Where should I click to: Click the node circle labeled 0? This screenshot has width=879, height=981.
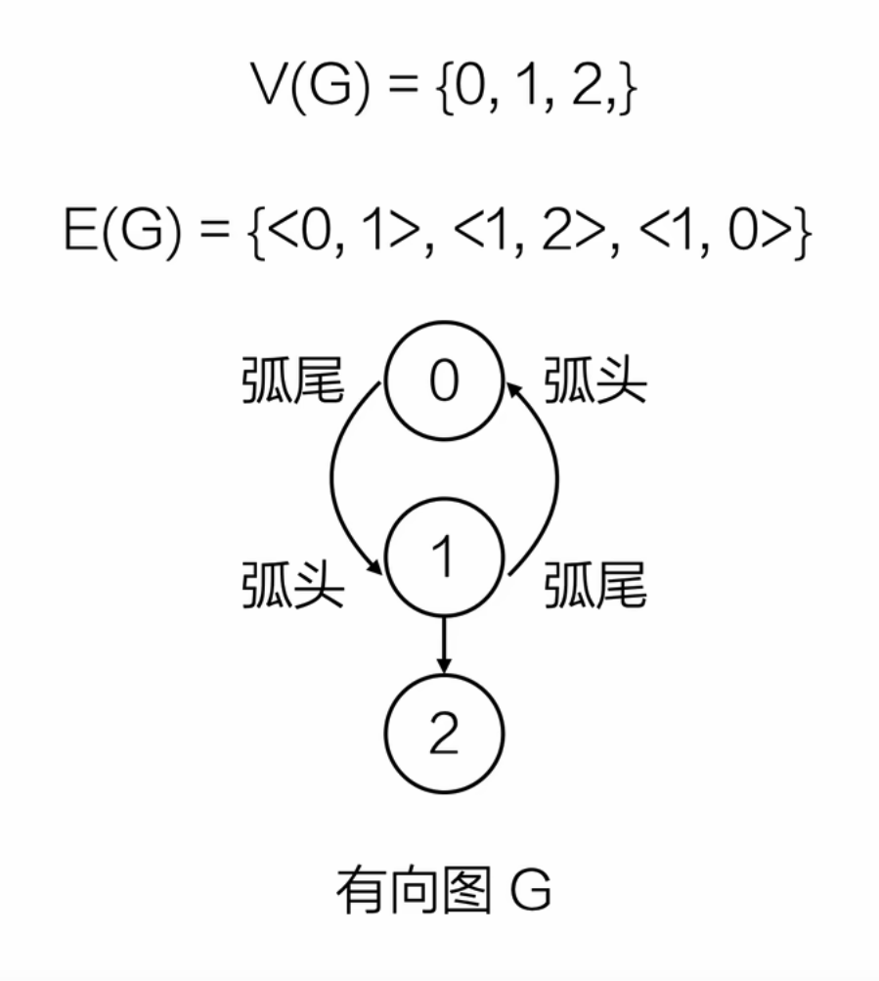[x=443, y=382]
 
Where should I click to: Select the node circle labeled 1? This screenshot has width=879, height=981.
[x=445, y=558]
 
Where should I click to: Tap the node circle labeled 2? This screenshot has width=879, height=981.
[x=445, y=734]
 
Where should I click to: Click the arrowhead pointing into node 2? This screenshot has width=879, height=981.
[x=445, y=664]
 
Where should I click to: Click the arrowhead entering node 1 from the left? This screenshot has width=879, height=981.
[x=374, y=567]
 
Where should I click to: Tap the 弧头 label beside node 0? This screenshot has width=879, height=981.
[x=595, y=384]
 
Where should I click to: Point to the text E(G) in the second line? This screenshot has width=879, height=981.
[x=123, y=239]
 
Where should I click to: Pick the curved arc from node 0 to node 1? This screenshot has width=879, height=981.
[x=333, y=479]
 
